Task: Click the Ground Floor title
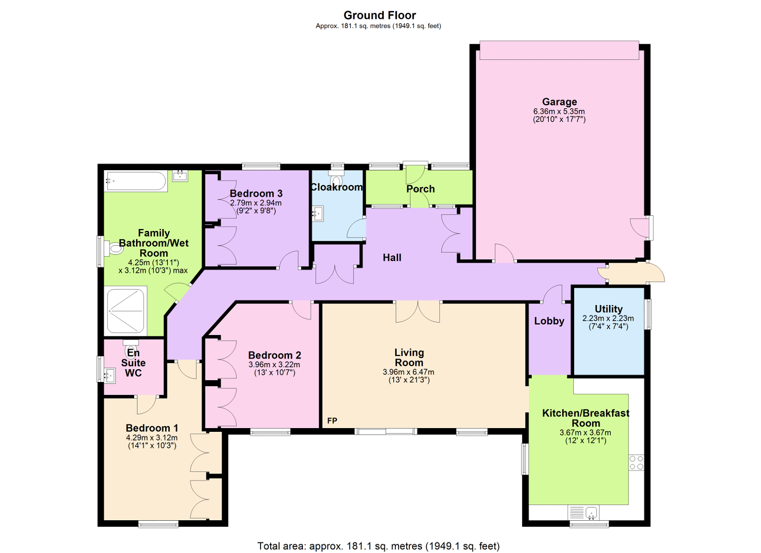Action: click(380, 15)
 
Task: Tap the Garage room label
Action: click(559, 102)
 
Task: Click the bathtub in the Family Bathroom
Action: click(136, 181)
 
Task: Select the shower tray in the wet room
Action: click(126, 311)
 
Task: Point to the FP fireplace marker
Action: click(332, 420)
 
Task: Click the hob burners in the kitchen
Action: click(636, 463)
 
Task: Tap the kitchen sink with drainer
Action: click(584, 513)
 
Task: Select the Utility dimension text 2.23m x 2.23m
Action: click(608, 318)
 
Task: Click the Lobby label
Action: click(549, 321)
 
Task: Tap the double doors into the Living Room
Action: click(418, 311)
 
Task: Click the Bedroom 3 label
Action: click(256, 193)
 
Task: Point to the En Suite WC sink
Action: click(110, 376)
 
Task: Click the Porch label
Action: click(420, 189)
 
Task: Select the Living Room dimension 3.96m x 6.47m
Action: click(408, 372)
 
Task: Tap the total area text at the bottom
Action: click(379, 546)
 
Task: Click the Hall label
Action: click(392, 257)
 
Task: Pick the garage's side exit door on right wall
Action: click(641, 228)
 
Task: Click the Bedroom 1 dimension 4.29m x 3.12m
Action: click(152, 438)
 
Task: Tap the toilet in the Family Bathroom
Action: click(116, 248)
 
